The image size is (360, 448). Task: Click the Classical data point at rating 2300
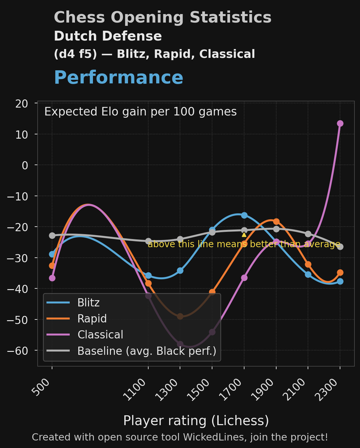click(x=340, y=123)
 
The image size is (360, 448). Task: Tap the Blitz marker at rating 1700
click(x=244, y=215)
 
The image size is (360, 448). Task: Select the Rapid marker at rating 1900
click(x=276, y=221)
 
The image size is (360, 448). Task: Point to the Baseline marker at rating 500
click(x=52, y=235)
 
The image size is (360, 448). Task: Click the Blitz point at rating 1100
click(x=148, y=276)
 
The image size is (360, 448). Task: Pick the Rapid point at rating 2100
click(x=308, y=264)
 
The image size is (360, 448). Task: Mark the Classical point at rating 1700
click(x=244, y=278)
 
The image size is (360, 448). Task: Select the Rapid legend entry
click(x=92, y=318)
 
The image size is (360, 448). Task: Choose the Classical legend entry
click(x=100, y=335)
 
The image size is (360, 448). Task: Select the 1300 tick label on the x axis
click(x=171, y=389)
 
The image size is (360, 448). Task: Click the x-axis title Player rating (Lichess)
click(x=196, y=421)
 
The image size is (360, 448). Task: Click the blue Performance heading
click(x=118, y=77)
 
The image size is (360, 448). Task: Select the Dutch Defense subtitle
click(x=108, y=36)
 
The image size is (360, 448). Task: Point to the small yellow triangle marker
click(x=244, y=234)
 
